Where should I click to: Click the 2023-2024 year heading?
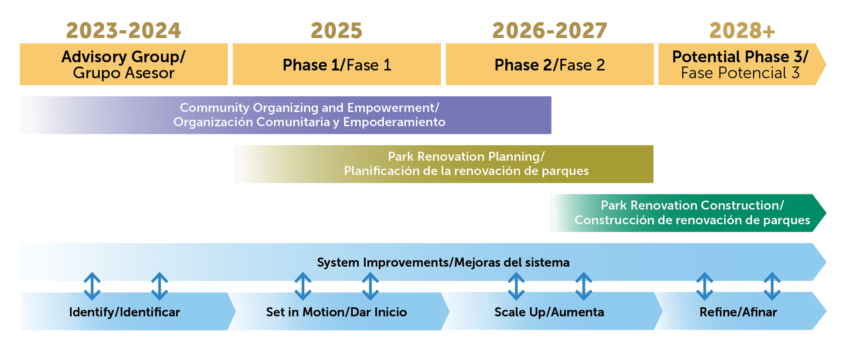pyautogui.click(x=123, y=31)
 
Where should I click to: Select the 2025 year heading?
pyautogui.click(x=336, y=31)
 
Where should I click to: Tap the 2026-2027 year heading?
pyautogui.click(x=549, y=31)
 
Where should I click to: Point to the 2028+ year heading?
pyautogui.click(x=742, y=31)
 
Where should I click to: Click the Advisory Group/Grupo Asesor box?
pyautogui.click(x=124, y=64)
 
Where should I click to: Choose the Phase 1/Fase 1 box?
pyautogui.click(x=337, y=64)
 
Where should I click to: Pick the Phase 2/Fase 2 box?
pyautogui.click(x=549, y=64)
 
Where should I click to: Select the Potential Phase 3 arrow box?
pyautogui.click(x=742, y=64)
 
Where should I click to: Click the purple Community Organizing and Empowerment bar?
pyautogui.click(x=286, y=115)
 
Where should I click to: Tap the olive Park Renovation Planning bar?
pyautogui.click(x=443, y=164)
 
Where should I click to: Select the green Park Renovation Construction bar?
pyautogui.click(x=687, y=213)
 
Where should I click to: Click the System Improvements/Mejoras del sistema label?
pyautogui.click(x=443, y=262)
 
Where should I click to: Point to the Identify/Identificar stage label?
pyautogui.click(x=125, y=312)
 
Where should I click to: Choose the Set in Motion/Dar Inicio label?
pyautogui.click(x=336, y=312)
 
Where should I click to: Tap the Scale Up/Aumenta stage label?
pyautogui.click(x=549, y=312)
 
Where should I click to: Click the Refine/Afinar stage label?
pyautogui.click(x=738, y=312)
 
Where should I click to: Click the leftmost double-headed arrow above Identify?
pyautogui.click(x=92, y=286)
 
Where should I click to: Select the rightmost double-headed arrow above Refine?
pyautogui.click(x=772, y=286)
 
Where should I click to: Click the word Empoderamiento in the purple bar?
pyautogui.click(x=394, y=122)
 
